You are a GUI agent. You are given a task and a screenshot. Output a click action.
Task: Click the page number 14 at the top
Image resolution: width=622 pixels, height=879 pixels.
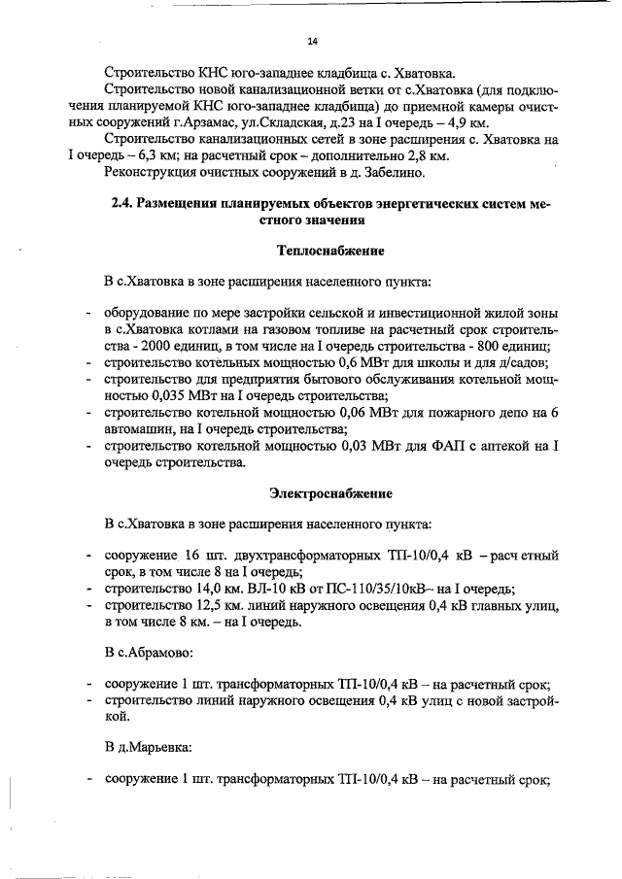[312, 41]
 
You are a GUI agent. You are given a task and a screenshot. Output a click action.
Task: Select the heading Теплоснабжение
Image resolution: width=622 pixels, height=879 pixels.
[330, 251]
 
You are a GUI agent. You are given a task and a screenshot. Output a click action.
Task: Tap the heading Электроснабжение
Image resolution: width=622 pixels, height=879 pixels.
[330, 493]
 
